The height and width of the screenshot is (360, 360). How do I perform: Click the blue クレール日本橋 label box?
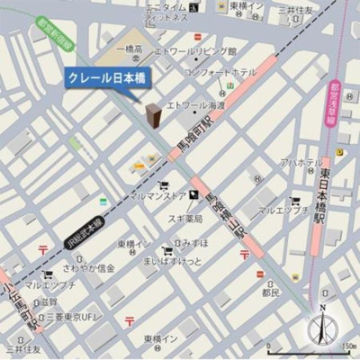pos(107,79)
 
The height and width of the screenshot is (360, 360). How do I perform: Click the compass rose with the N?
pos(322,325)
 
